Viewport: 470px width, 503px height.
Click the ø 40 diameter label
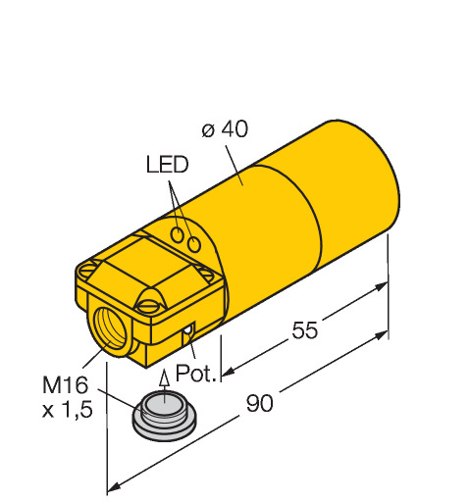click(x=225, y=129)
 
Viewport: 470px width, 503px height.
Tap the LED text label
click(x=167, y=164)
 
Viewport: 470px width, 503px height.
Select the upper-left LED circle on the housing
click(x=178, y=234)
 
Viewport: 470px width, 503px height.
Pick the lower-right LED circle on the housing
click(x=194, y=244)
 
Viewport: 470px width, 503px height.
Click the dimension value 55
click(x=304, y=329)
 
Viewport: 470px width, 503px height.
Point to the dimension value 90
click(x=259, y=403)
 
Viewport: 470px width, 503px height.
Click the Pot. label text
click(x=195, y=373)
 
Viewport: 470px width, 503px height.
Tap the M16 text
click(x=66, y=384)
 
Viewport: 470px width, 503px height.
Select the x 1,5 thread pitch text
click(x=68, y=410)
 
